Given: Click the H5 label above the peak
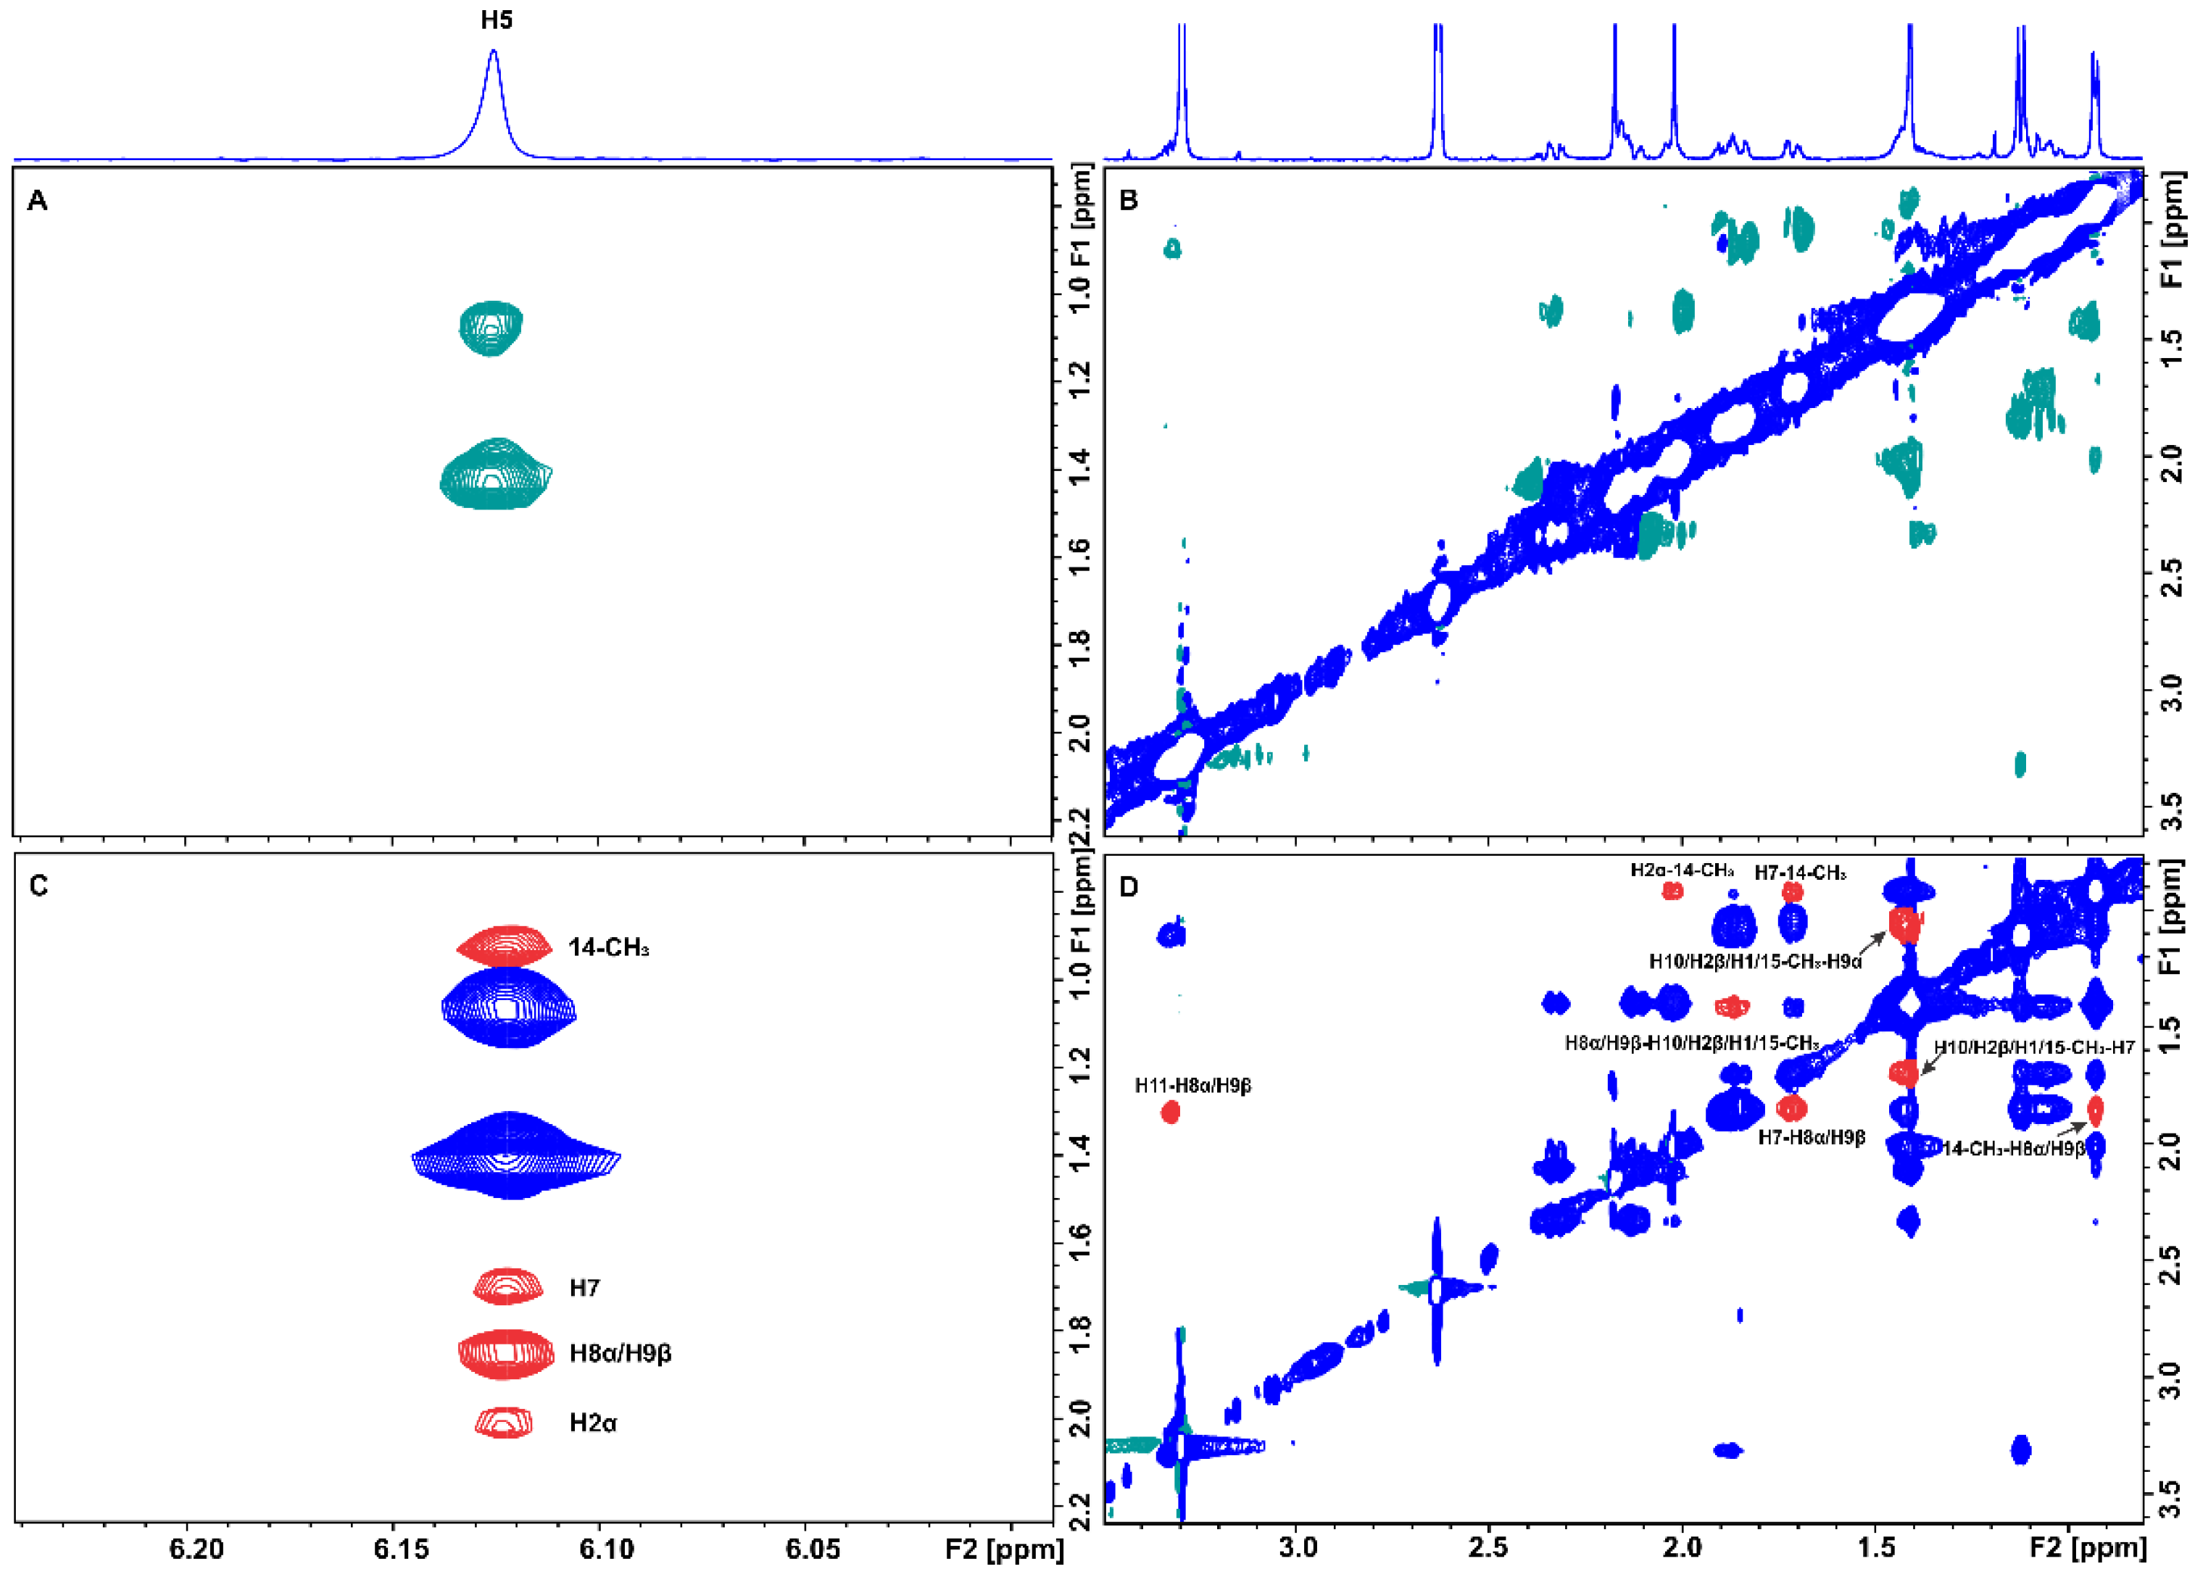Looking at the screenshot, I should pos(497,20).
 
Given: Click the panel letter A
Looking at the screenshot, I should pos(38,200).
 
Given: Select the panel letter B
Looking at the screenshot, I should pos(1129,200).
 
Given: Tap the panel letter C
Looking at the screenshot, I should pos(38,886).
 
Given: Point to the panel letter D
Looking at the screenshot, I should pos(1129,886).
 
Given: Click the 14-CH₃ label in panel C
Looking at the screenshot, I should pos(607,948).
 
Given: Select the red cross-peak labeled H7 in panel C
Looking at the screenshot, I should pos(507,1286).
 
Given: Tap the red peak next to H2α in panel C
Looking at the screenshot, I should pos(503,1422).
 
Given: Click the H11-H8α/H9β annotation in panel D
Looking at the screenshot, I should pos(1192,1086).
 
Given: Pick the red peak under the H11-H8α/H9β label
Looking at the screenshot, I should pos(1170,1112).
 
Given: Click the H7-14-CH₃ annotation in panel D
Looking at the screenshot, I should pos(1800,873).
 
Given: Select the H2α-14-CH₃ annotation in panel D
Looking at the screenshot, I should pos(1682,870).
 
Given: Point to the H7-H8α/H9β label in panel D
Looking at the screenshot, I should pos(1811,1137).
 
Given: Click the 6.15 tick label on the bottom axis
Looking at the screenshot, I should pos(402,1549).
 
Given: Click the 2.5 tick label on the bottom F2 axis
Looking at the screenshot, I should pos(1487,1547).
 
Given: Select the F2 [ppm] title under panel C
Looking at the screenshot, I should pos(1003,1549).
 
